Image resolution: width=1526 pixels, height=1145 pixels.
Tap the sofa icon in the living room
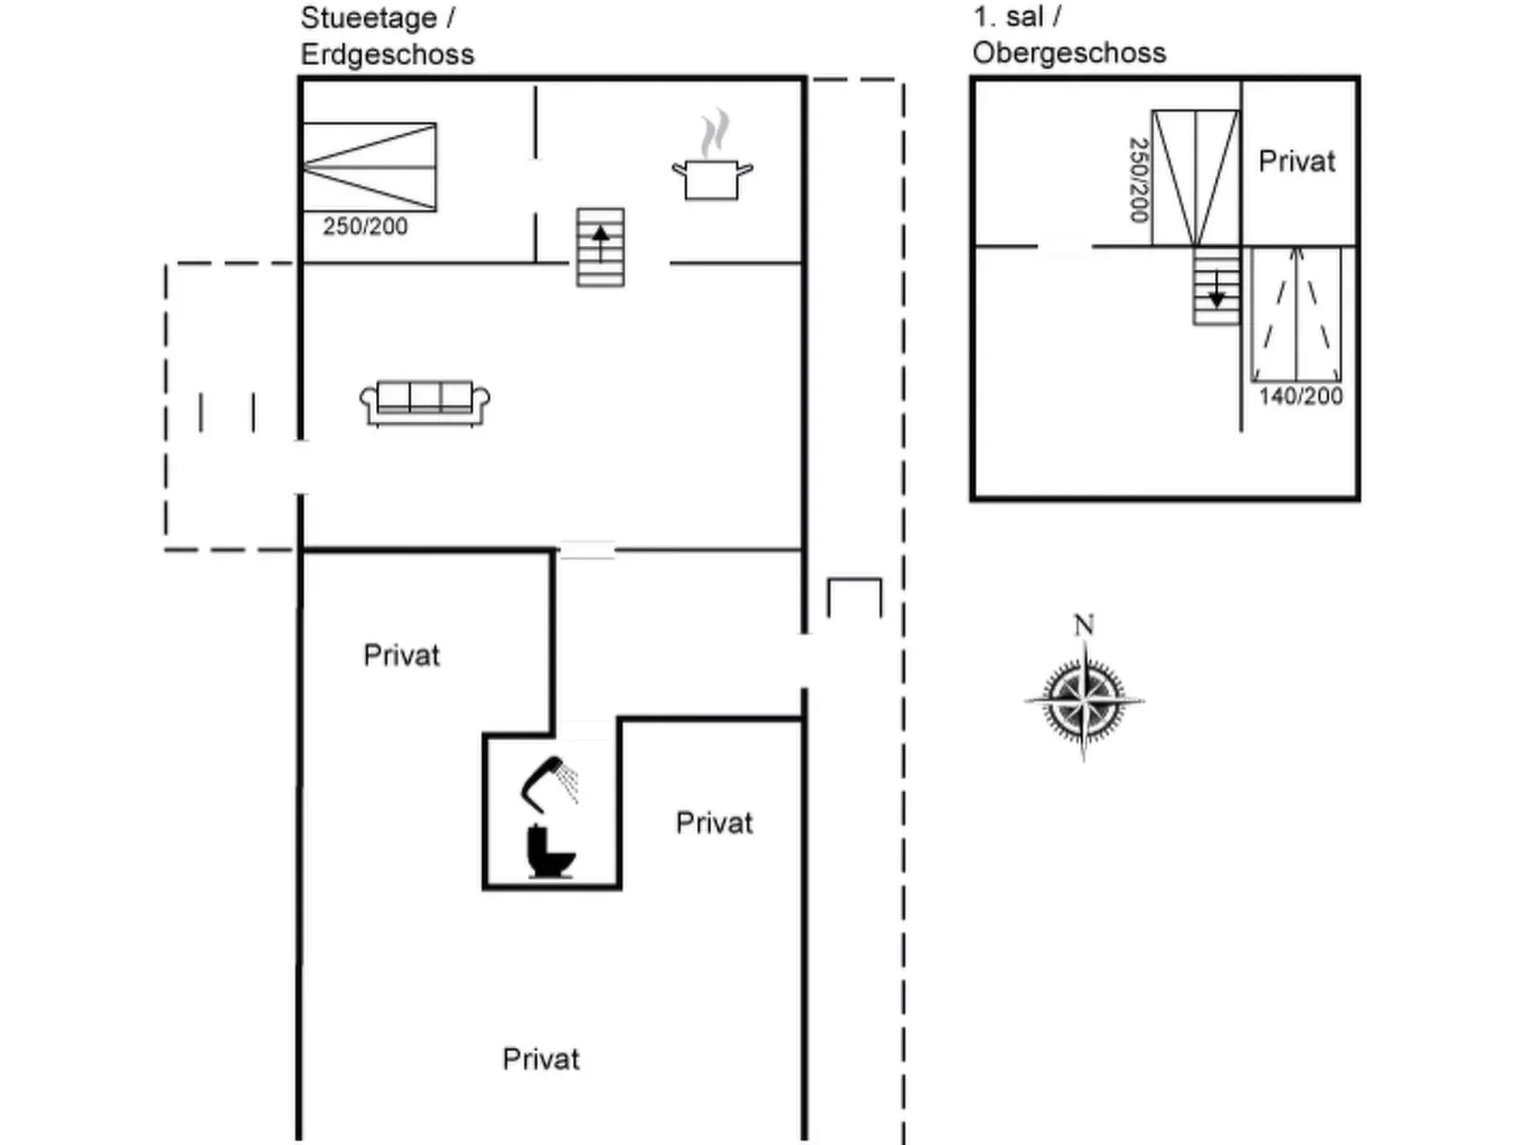(425, 403)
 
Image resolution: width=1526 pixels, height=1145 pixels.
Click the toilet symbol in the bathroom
(550, 852)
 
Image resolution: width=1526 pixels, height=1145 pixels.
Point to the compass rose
(1084, 701)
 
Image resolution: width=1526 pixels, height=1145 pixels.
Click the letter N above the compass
(1083, 625)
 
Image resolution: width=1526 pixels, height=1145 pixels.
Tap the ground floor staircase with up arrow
(601, 247)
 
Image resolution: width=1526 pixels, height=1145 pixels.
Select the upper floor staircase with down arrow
(1216, 286)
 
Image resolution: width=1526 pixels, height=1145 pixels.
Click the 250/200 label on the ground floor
(365, 226)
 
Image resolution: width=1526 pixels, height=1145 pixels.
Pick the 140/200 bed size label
(1301, 396)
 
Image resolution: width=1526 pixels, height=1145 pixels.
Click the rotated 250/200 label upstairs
(1138, 180)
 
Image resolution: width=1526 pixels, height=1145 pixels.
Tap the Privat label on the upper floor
(1296, 162)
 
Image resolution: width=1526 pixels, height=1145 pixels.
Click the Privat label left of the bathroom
(401, 656)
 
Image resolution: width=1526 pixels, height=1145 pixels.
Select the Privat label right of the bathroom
(714, 823)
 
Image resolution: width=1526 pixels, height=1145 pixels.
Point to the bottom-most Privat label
(541, 1059)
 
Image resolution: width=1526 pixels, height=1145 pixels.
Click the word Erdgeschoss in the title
(387, 54)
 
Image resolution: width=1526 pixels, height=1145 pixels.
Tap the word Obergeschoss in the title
(1069, 52)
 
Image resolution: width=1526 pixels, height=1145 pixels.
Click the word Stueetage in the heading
(368, 18)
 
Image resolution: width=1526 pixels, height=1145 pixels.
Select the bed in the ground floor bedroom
(370, 167)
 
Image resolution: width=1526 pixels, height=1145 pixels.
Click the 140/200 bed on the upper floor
(1296, 315)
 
